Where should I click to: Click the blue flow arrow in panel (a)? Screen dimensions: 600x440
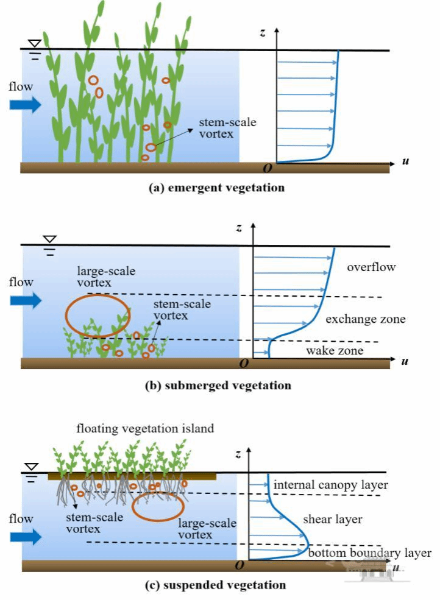pyautogui.click(x=25, y=104)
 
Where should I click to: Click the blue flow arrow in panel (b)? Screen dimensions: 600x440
pyautogui.click(x=25, y=300)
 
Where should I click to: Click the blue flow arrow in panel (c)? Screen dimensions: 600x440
pyautogui.click(x=25, y=537)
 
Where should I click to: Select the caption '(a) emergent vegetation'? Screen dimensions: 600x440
pyautogui.click(x=217, y=188)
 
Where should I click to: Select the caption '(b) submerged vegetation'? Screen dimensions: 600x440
pyautogui.click(x=219, y=385)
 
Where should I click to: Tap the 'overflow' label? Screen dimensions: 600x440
pyautogui.click(x=371, y=267)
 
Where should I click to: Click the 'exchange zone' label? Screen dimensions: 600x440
pyautogui.click(x=366, y=319)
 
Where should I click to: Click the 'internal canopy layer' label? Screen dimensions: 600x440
pyautogui.click(x=331, y=485)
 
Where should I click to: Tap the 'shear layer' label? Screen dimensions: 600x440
pyautogui.click(x=333, y=520)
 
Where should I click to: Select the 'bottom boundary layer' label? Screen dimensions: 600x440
pyautogui.click(x=370, y=553)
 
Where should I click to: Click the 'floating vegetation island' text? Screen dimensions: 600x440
pyautogui.click(x=145, y=428)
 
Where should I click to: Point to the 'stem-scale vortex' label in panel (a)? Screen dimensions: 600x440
pyautogui.click(x=228, y=128)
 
